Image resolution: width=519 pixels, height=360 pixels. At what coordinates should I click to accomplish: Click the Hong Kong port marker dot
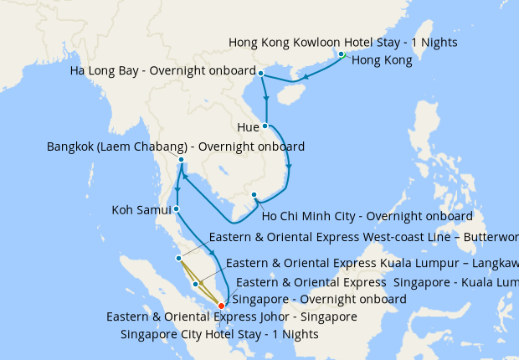(x=342, y=55)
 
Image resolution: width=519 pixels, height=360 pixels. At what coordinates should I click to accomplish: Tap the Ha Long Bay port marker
(x=261, y=74)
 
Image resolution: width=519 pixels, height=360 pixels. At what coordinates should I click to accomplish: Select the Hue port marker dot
(x=265, y=126)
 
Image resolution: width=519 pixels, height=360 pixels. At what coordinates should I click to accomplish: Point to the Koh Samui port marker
(x=177, y=208)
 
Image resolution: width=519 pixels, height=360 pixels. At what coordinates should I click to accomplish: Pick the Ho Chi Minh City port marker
(x=254, y=195)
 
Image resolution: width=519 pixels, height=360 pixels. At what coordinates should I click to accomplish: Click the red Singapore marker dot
(x=221, y=306)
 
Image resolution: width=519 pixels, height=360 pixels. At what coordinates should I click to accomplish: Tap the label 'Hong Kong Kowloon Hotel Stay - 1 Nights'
(x=343, y=42)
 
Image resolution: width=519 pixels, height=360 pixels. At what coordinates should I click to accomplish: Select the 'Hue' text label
(x=249, y=127)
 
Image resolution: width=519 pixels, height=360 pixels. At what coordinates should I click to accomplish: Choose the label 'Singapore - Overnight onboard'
(x=319, y=299)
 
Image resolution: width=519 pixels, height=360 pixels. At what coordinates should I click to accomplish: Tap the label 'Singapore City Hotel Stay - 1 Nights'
(x=219, y=334)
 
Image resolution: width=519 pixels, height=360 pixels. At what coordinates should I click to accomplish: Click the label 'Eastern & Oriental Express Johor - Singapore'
(x=232, y=316)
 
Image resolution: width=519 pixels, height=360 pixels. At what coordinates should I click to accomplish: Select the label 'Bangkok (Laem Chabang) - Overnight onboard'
(x=176, y=147)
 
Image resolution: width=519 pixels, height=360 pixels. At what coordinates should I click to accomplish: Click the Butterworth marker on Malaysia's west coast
(x=178, y=258)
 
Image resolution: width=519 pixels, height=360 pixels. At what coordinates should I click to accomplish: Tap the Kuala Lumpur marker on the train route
(x=196, y=285)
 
